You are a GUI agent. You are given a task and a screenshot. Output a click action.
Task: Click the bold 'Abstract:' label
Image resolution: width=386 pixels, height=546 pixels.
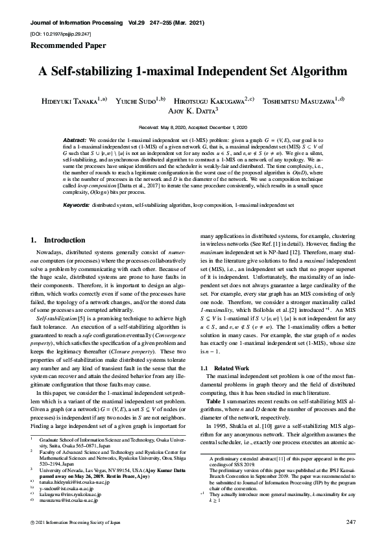(x=75, y=140)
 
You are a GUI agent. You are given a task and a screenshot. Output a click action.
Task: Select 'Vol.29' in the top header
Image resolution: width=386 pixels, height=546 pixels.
(x=138, y=22)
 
